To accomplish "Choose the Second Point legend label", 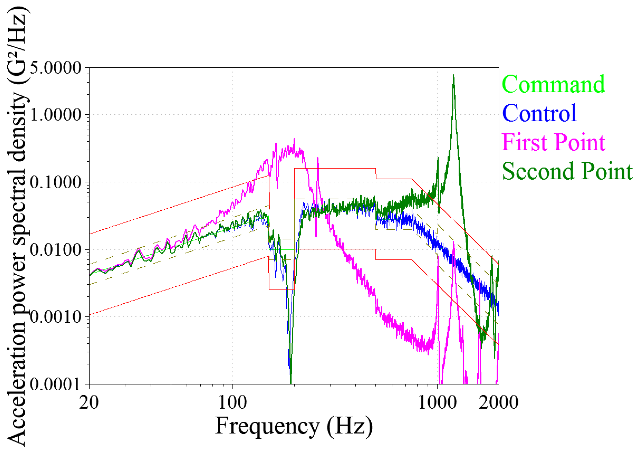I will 567,171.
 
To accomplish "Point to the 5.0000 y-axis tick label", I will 56,68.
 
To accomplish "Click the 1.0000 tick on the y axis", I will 56,115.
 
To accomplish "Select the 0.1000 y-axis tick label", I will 56,183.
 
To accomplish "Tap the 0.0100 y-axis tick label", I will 56,250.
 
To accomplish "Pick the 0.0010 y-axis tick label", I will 56,317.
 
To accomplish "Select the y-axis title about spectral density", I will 17,226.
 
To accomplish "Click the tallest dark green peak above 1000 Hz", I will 453,76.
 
